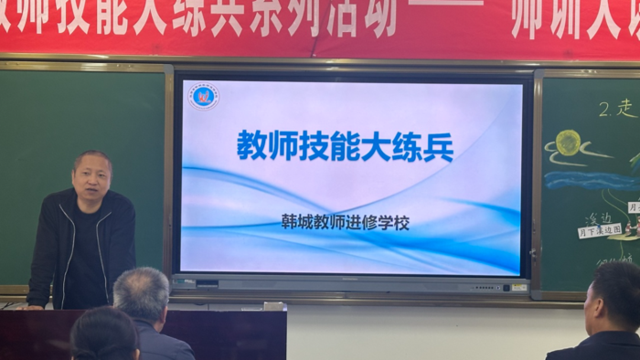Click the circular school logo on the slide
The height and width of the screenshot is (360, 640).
pyautogui.click(x=204, y=95)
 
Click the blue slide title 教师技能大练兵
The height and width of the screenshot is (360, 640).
pyautogui.click(x=345, y=145)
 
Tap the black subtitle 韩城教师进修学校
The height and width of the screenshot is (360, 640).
pyautogui.click(x=345, y=221)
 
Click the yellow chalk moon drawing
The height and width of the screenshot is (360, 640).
pyautogui.click(x=569, y=142)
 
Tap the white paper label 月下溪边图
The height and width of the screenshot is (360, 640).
pyautogui.click(x=599, y=230)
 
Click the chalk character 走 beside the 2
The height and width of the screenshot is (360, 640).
pyautogui.click(x=626, y=109)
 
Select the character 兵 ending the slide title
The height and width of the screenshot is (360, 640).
pyautogui.click(x=438, y=145)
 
